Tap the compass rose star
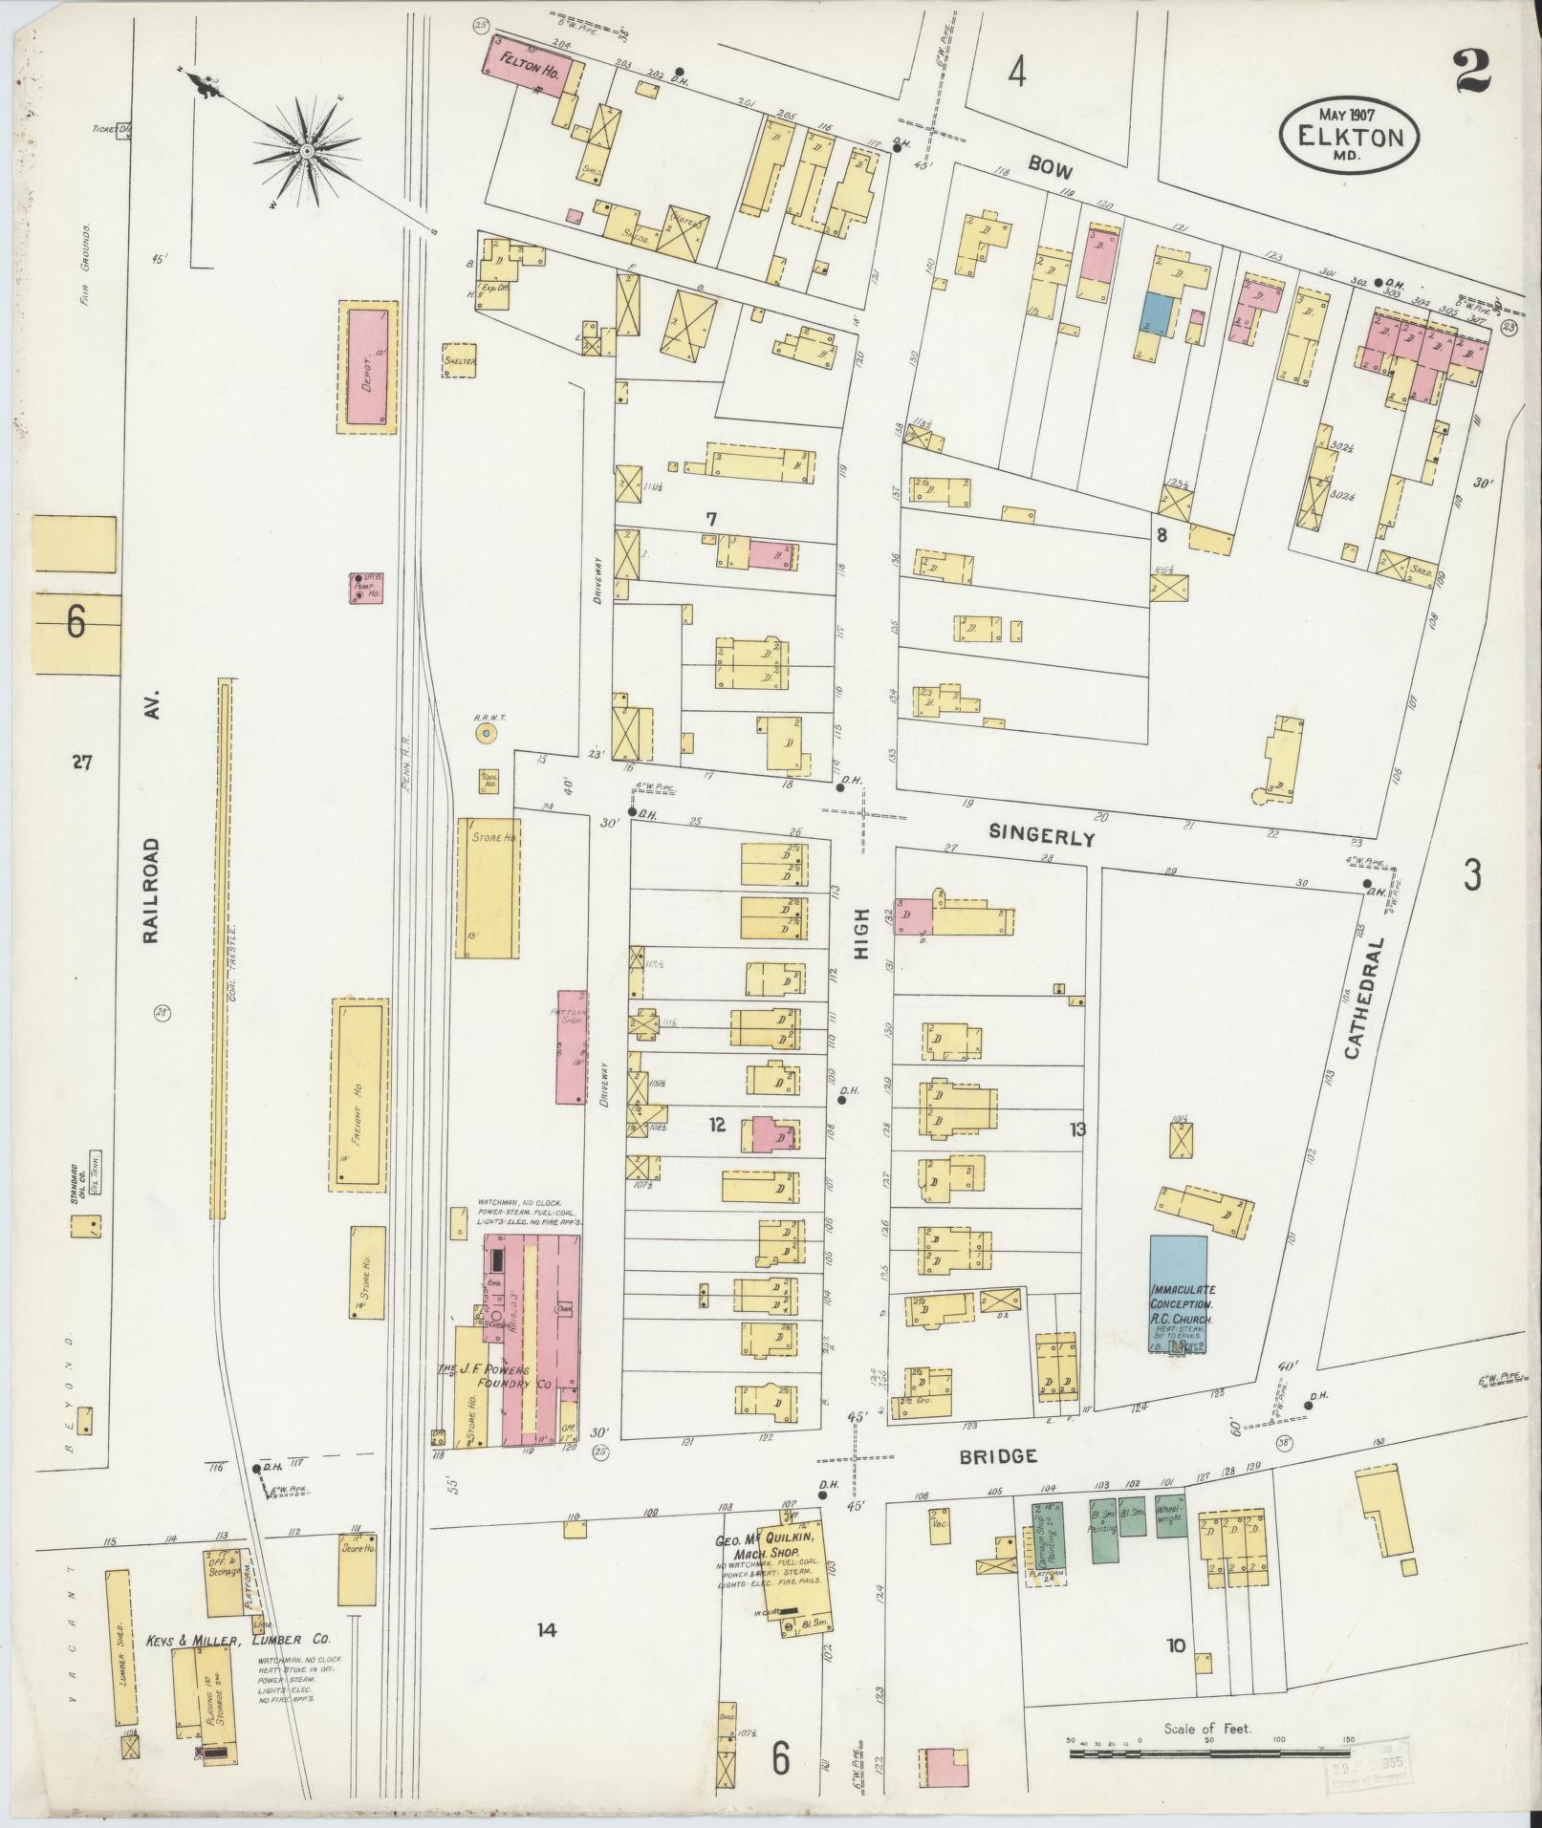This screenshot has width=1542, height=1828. tap(307, 151)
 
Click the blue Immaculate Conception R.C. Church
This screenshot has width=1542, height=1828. tap(1179, 1295)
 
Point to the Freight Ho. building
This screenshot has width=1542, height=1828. tap(359, 1095)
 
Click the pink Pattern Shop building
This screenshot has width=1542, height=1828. tap(572, 1046)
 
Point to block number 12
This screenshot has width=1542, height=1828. tap(718, 1126)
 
